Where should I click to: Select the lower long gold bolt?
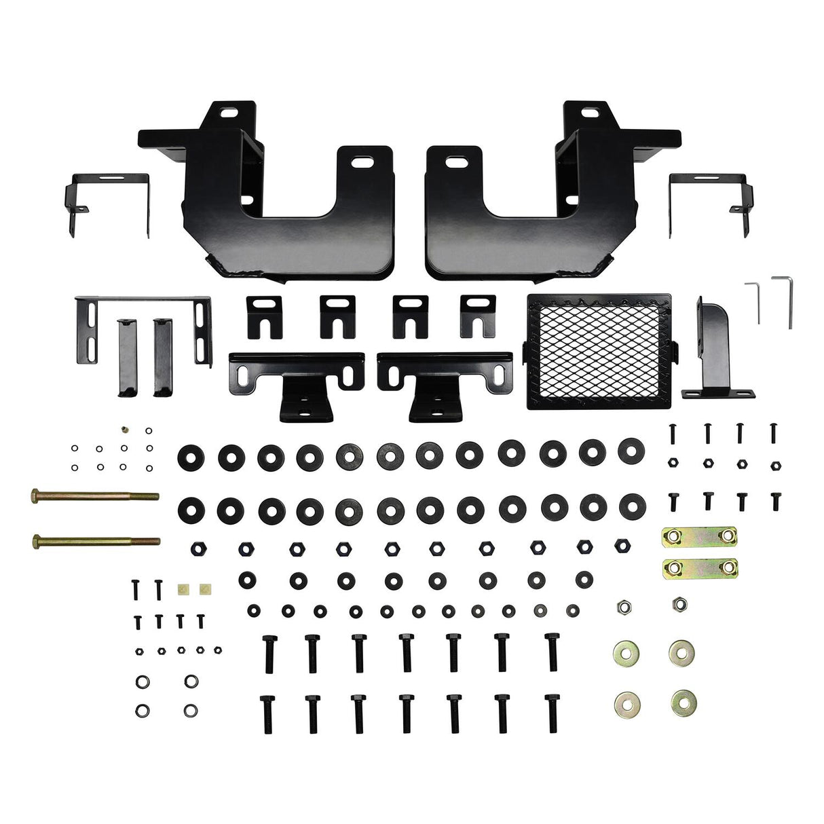coord(95,542)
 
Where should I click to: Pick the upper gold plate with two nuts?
coord(700,537)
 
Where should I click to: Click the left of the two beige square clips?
coord(182,589)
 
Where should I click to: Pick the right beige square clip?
coord(203,589)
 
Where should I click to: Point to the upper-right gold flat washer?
coord(681,652)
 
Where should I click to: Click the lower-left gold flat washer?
coord(624,700)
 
